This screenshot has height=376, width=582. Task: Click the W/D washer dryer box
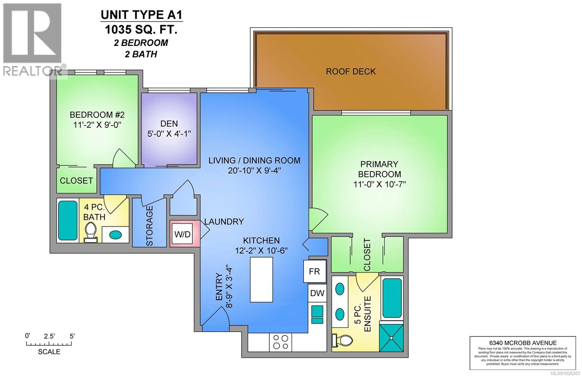(182, 234)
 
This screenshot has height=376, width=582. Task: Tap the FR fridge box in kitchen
(315, 271)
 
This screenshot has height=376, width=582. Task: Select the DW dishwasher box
(317, 293)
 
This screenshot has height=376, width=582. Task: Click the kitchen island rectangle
(261, 279)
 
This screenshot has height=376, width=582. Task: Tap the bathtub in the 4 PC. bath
(68, 221)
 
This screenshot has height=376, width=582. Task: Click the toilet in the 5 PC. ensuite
(343, 341)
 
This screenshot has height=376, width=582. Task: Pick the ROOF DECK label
(351, 72)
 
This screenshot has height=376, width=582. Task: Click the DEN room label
(169, 124)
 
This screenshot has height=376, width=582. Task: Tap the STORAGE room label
(150, 226)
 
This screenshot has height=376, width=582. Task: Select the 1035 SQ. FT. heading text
(141, 29)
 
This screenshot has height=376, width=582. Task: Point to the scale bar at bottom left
(49, 344)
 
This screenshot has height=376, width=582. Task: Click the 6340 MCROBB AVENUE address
(523, 343)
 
